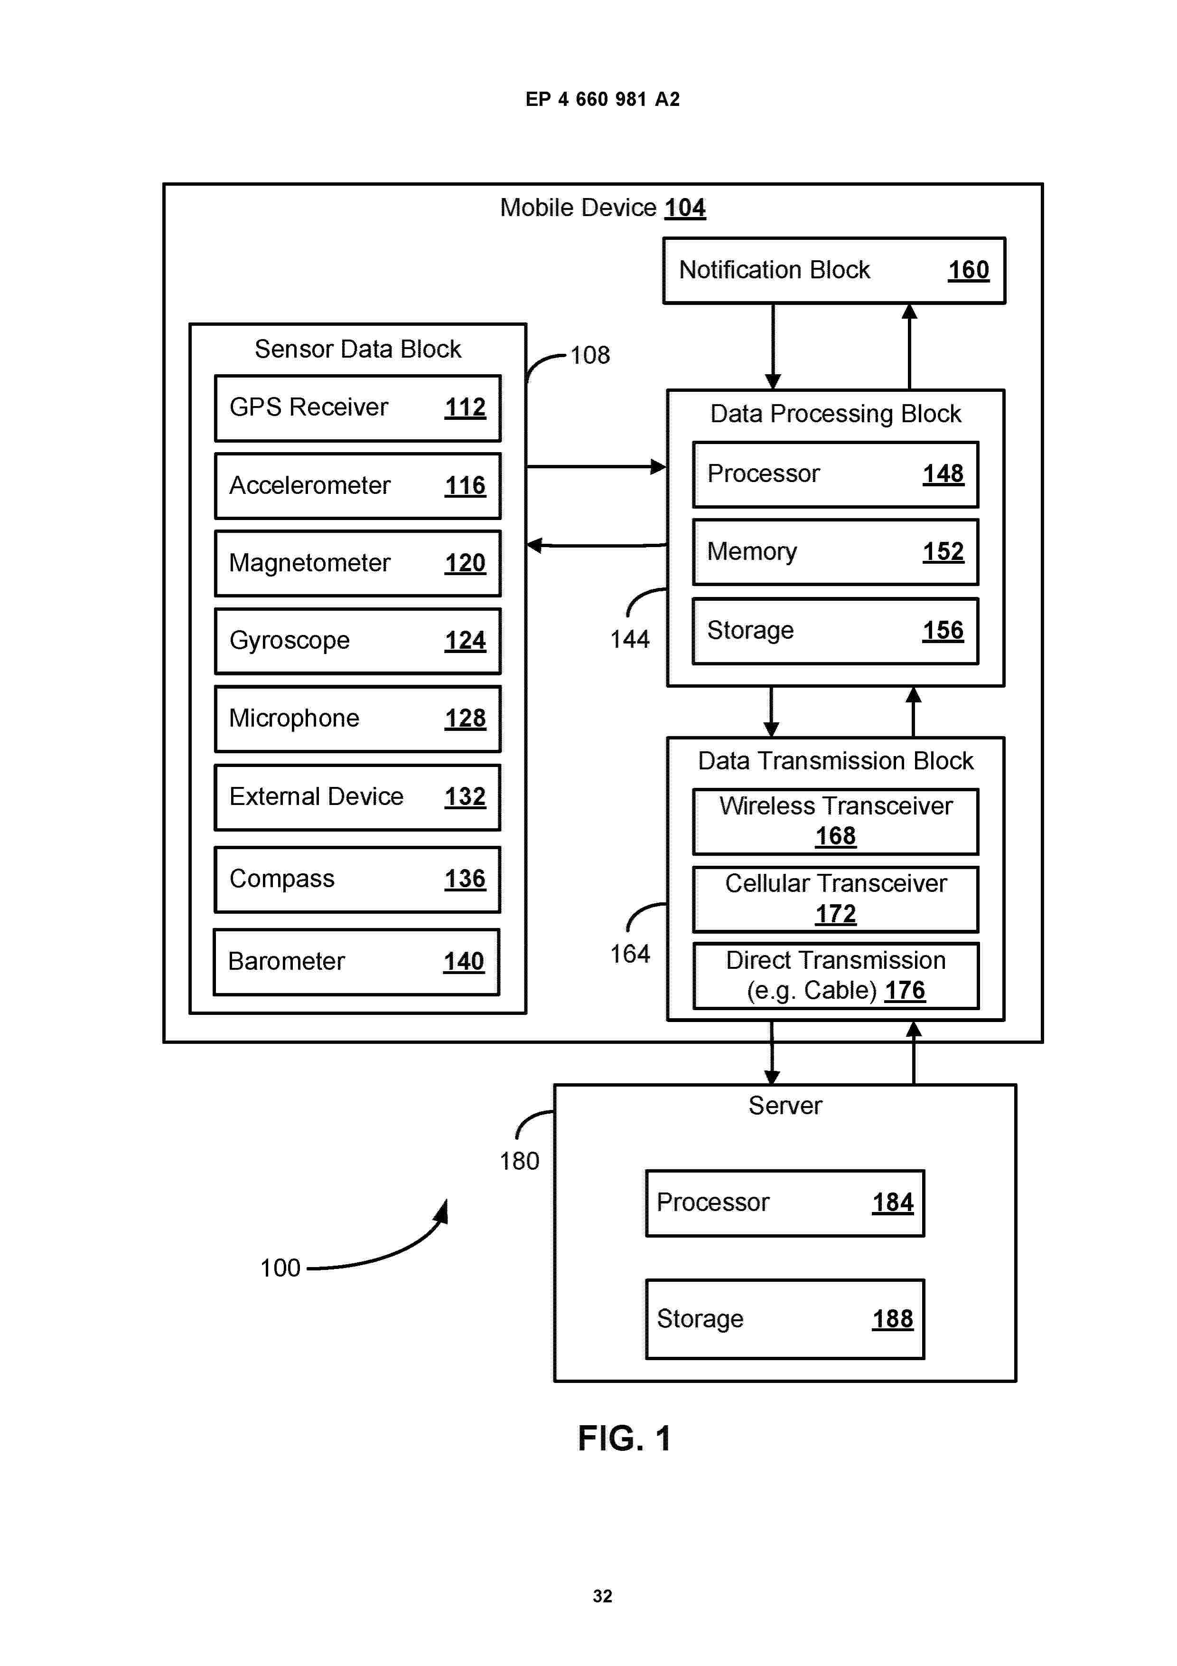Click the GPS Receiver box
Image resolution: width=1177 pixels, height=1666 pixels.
[357, 408]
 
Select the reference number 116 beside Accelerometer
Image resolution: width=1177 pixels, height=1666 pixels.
[465, 485]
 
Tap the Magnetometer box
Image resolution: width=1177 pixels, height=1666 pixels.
[357, 563]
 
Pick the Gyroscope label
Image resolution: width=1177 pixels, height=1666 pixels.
[290, 641]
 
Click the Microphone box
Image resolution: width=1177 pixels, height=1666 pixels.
[357, 719]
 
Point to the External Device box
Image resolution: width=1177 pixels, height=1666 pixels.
[357, 797]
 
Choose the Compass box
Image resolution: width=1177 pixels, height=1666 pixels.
[357, 879]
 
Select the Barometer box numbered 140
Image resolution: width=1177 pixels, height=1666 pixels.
[356, 961]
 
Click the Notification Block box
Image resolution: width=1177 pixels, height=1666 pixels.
[834, 270]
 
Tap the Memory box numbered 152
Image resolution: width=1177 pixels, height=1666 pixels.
[835, 551]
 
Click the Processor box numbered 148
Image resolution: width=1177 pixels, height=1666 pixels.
[835, 474]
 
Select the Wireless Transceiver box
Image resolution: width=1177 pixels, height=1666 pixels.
[835, 822]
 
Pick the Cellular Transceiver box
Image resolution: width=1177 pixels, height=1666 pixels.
[835, 899]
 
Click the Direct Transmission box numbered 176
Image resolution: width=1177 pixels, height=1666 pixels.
[835, 976]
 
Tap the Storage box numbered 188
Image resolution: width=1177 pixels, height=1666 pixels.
[785, 1318]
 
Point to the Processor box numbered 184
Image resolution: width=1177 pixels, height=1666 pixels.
[785, 1202]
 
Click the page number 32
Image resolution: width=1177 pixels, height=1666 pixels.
[602, 1596]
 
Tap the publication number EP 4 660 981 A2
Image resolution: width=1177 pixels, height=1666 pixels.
[602, 99]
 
